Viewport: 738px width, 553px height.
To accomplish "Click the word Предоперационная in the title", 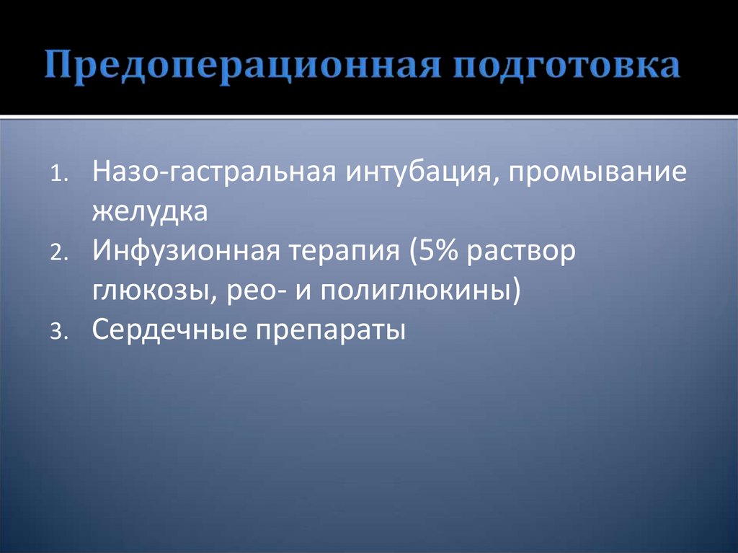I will (x=242, y=65).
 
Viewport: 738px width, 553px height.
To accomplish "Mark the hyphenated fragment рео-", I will (x=236, y=293).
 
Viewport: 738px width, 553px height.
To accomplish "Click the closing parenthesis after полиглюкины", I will (x=515, y=292).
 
